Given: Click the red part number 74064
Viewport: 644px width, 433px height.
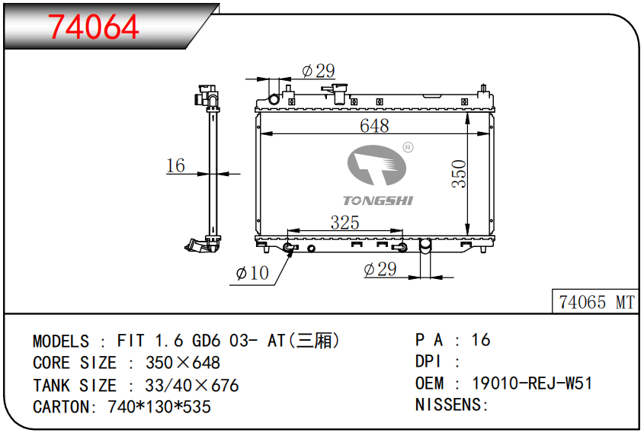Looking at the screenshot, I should click(x=94, y=27).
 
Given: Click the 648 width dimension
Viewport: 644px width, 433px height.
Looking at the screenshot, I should click(x=374, y=126).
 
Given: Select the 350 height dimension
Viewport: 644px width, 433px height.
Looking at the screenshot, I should click(x=458, y=175).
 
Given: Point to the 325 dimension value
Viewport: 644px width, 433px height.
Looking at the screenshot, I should click(x=344, y=223).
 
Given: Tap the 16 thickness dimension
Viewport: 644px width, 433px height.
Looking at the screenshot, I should click(x=175, y=165).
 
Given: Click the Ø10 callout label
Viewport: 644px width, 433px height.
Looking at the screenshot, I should click(x=252, y=273).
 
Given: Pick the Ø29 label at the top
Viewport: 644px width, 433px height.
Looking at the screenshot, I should click(x=319, y=71).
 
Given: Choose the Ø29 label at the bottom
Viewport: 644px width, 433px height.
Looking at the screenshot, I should click(x=380, y=269).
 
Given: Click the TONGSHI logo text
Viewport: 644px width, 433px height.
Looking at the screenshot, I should click(x=377, y=200).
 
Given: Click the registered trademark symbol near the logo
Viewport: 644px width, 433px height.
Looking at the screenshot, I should click(x=407, y=147).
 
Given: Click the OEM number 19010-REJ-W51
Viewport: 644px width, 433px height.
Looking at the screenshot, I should click(x=533, y=383).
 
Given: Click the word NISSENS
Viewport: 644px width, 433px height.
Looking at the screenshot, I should click(x=448, y=405).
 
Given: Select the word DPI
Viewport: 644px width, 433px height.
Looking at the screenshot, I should click(x=428, y=362).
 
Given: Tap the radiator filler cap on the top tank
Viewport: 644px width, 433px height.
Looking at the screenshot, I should click(x=336, y=94).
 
